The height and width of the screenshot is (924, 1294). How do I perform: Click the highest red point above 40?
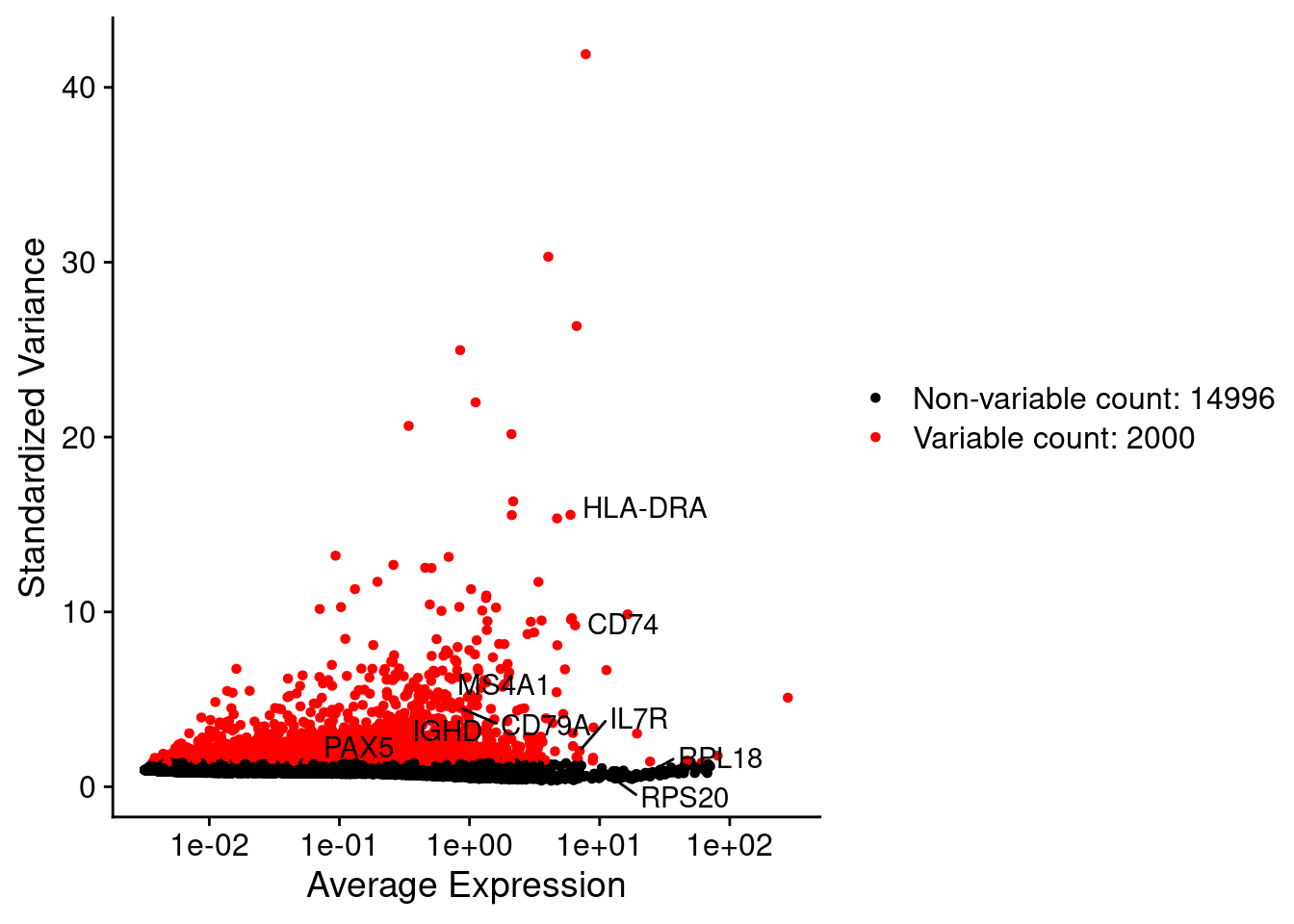pos(585,55)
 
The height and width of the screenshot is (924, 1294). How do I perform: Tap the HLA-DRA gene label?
pos(644,508)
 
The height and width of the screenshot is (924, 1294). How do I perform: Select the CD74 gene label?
pos(622,625)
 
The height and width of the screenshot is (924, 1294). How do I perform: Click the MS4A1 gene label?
pos(503,685)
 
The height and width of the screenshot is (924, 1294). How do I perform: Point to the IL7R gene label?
pos(638,719)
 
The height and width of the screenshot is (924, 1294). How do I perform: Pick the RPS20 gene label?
pos(685,798)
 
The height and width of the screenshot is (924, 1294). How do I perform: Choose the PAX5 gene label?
pos(358,748)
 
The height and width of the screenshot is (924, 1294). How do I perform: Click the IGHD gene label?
pos(447,731)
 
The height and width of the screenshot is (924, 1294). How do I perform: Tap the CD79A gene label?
pos(544,726)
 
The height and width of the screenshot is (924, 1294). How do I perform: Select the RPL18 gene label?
pos(720,758)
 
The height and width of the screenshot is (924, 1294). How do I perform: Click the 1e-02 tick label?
pos(209,846)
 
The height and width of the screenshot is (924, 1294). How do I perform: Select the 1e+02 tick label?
pos(730,846)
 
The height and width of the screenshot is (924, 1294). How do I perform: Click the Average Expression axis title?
pos(466,885)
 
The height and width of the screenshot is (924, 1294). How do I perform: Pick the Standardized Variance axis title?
pos(33,418)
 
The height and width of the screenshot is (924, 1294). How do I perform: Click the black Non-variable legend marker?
pos(875,398)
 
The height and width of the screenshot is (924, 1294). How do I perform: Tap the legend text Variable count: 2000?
pos(1053,438)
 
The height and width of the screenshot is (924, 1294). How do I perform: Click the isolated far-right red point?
pos(788,698)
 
